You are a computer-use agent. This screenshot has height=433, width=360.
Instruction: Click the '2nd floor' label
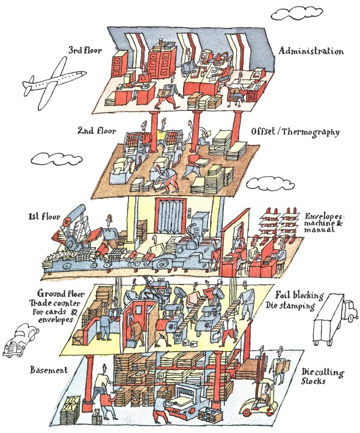tap(96, 130)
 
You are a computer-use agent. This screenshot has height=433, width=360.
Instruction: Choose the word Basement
tap(49, 370)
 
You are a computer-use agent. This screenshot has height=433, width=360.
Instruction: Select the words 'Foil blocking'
tap(299, 295)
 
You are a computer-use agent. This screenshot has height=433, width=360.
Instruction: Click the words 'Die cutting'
tap(323, 372)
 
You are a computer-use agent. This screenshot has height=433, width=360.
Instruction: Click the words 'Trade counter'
tap(52, 303)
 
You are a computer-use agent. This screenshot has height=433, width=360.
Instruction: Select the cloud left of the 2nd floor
tap(50, 159)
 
